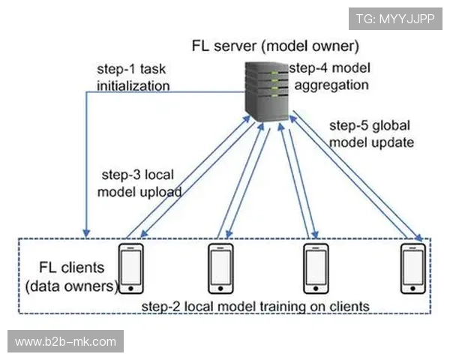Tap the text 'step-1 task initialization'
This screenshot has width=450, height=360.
133,76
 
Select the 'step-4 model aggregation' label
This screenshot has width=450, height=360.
331,76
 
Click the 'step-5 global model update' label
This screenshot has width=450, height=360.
370,132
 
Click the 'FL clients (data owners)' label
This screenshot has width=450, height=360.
70,277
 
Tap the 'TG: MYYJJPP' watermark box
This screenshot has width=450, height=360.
394,18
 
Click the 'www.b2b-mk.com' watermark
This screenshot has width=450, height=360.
66,342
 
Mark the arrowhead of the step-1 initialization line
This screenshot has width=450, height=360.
88,229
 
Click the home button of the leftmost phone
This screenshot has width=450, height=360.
131,288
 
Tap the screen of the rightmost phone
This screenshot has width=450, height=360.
413,264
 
